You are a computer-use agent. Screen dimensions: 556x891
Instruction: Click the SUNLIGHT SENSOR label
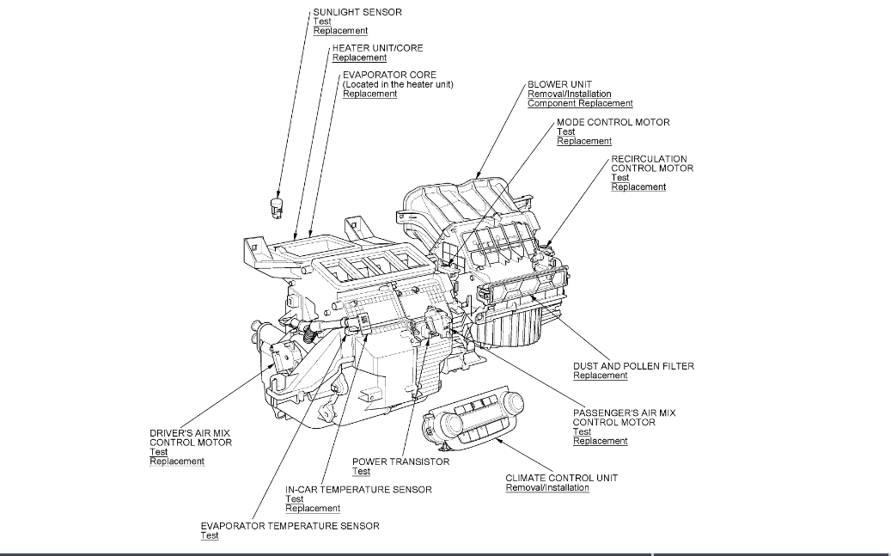coord(357,12)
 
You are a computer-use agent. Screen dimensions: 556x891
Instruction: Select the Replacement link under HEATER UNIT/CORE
coord(359,58)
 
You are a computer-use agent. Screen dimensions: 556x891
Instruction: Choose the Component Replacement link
coord(580,104)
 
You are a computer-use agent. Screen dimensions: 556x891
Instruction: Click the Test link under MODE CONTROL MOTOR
coord(565,131)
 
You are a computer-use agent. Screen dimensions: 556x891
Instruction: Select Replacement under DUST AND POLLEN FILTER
coord(600,376)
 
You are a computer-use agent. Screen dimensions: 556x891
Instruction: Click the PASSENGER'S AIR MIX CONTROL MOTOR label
coord(624,418)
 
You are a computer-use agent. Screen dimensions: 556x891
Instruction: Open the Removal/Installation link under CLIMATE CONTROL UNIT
coord(546,488)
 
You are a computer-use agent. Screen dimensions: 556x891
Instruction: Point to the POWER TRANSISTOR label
coord(400,461)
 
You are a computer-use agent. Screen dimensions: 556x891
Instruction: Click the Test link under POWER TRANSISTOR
coord(361,472)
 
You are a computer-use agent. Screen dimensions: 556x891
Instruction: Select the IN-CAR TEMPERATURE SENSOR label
coord(358,490)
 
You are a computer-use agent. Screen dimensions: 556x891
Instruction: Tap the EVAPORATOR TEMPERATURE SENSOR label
coord(290,526)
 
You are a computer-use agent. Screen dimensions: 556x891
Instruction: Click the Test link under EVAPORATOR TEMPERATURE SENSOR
coord(210,535)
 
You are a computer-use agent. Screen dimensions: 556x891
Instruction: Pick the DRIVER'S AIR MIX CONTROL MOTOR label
coord(190,437)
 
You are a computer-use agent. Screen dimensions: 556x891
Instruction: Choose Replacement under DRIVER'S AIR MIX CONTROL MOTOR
coord(176,461)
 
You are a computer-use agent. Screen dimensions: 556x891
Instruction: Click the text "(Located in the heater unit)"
coord(398,84)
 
